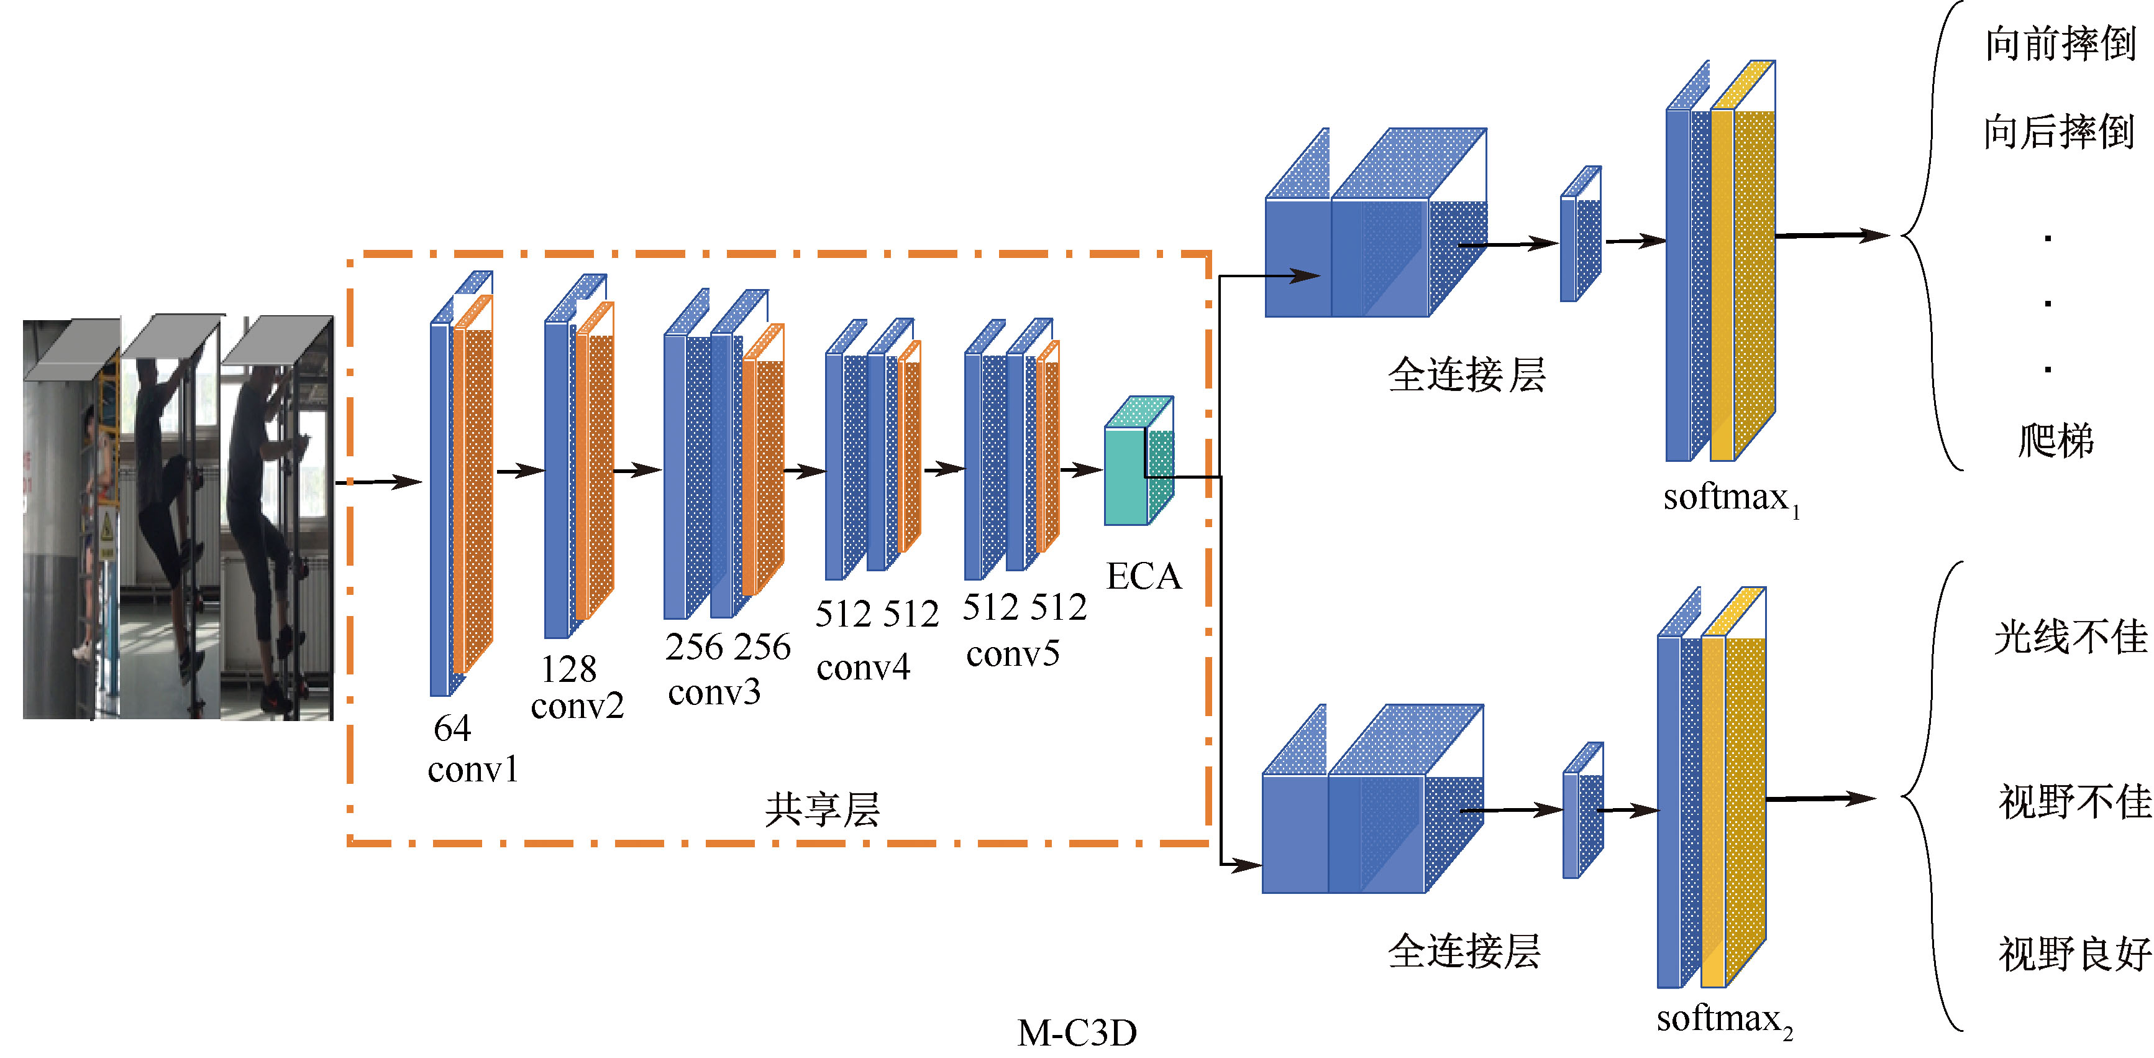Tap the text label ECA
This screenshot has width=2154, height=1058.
1143,577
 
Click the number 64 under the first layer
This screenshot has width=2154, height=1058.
452,729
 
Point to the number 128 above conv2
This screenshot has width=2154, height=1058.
568,669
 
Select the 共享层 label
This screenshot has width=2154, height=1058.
822,809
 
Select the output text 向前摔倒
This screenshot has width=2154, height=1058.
2060,44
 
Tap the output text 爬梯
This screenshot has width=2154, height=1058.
2055,440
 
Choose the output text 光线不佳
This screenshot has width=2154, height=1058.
2070,637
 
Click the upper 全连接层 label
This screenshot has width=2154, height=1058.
1467,375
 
